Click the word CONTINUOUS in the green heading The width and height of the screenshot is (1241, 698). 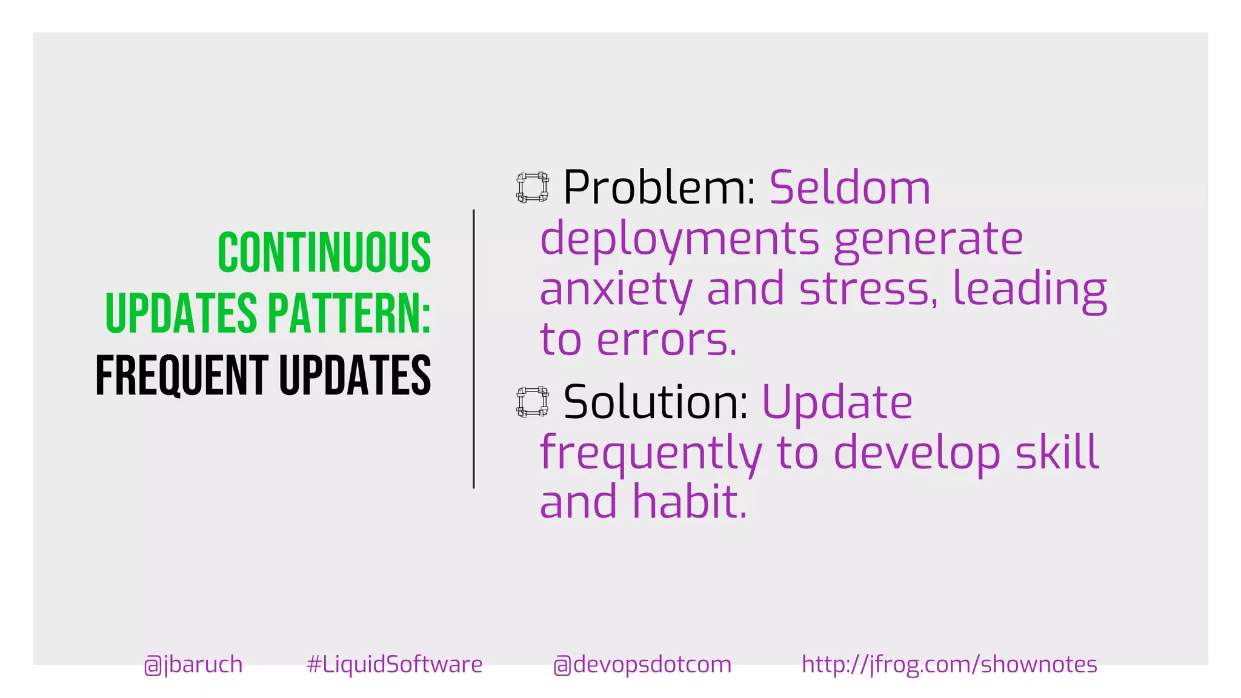click(324, 253)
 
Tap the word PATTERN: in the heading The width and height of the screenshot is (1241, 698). click(349, 314)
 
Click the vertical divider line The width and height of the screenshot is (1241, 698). click(474, 349)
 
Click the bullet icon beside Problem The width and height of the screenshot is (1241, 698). click(533, 187)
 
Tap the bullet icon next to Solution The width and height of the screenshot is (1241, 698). click(533, 402)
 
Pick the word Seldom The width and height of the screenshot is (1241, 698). click(850, 187)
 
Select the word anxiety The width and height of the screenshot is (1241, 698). click(616, 290)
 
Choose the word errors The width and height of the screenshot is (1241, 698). click(667, 340)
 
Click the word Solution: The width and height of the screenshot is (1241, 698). click(656, 402)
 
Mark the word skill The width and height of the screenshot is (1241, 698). click(1057, 452)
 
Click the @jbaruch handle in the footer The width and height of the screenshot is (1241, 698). click(193, 665)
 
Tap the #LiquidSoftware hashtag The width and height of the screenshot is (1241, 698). click(394, 665)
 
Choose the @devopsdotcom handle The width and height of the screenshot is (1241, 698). click(642, 665)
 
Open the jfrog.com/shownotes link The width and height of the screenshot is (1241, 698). click(950, 665)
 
